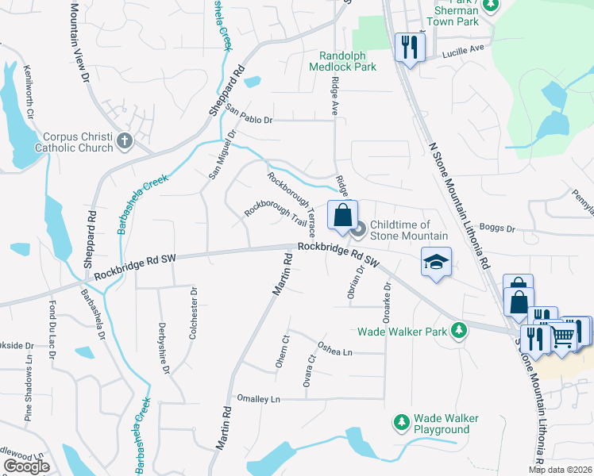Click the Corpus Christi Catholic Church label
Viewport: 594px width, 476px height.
(x=67, y=142)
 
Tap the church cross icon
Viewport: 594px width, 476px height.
(x=124, y=142)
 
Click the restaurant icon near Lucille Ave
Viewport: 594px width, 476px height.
(x=409, y=48)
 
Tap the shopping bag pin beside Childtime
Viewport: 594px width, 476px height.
(x=342, y=216)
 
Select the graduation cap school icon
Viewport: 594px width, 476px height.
(x=436, y=263)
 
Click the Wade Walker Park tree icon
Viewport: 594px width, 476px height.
(x=458, y=330)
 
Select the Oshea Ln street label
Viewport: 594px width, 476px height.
(x=334, y=347)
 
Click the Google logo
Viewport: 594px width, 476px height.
(x=26, y=466)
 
